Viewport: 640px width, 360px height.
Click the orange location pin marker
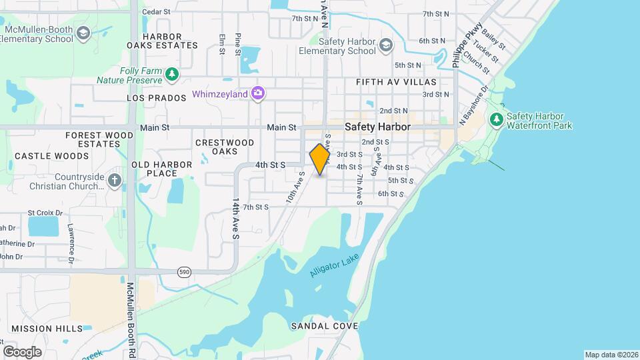(320, 159)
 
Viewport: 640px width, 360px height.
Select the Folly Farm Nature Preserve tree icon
(173, 74)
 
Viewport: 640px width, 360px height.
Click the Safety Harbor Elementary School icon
(385, 45)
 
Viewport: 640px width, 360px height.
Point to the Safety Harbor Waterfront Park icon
(495, 120)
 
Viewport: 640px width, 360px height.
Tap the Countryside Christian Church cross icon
(115, 180)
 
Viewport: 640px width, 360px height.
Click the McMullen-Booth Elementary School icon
(83, 33)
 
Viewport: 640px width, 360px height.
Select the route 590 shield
(185, 272)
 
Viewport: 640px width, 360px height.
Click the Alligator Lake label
(335, 265)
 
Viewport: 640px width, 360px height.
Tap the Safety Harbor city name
(377, 127)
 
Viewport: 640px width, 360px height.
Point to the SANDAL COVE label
(325, 326)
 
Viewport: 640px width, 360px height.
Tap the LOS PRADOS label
(156, 98)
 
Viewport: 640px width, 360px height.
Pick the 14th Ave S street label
(235, 218)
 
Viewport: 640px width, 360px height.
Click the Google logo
(22, 351)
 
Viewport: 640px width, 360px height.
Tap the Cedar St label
(157, 11)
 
